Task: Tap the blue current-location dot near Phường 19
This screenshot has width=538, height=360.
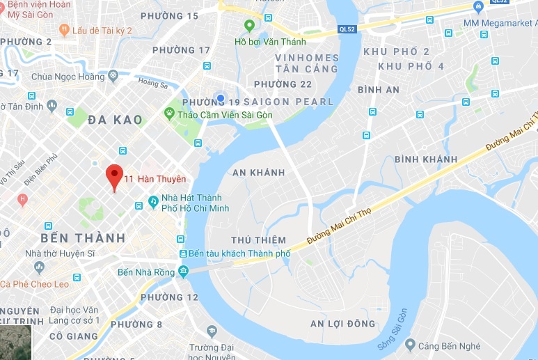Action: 221,98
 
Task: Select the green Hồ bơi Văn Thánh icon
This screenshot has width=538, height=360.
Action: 249,26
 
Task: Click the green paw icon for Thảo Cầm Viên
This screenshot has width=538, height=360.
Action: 169,113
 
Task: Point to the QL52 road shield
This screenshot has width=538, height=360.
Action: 348,29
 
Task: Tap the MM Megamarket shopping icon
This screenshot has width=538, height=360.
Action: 478,8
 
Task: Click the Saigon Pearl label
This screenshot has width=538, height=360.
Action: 287,102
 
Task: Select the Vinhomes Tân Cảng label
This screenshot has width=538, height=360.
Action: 307,63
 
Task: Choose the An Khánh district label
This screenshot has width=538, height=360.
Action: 258,173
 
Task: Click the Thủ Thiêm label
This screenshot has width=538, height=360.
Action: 258,240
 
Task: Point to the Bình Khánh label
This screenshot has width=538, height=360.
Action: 426,159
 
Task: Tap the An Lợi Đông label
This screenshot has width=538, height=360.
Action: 342,323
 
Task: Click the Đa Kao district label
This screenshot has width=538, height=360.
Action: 116,120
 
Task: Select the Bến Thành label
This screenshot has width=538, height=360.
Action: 83,238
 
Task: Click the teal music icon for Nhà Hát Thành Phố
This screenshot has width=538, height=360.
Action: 153,201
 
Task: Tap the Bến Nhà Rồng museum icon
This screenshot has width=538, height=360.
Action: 183,270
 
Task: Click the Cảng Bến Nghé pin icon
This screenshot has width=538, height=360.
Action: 411,345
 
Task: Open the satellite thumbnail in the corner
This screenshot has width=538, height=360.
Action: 16,343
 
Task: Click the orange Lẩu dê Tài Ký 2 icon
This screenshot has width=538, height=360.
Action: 64,30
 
